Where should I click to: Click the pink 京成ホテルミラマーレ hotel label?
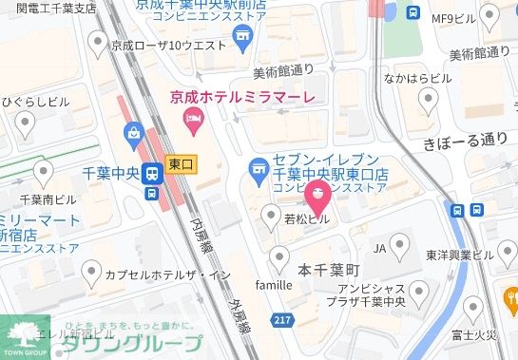241,96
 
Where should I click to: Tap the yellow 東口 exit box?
180,164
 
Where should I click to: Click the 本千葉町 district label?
327,269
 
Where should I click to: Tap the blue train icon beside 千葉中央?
151,174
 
